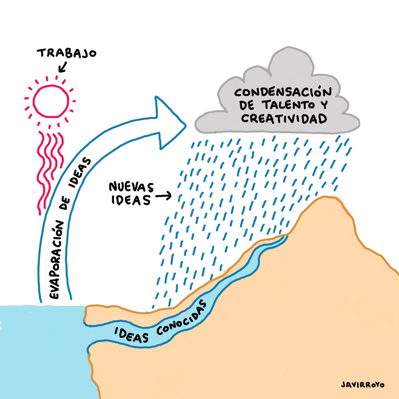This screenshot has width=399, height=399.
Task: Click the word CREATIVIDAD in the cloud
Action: [284, 119]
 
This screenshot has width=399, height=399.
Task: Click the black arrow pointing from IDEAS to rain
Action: [163, 196]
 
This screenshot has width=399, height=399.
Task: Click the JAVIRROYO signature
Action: [362, 385]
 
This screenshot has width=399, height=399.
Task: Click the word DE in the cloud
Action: [246, 106]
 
